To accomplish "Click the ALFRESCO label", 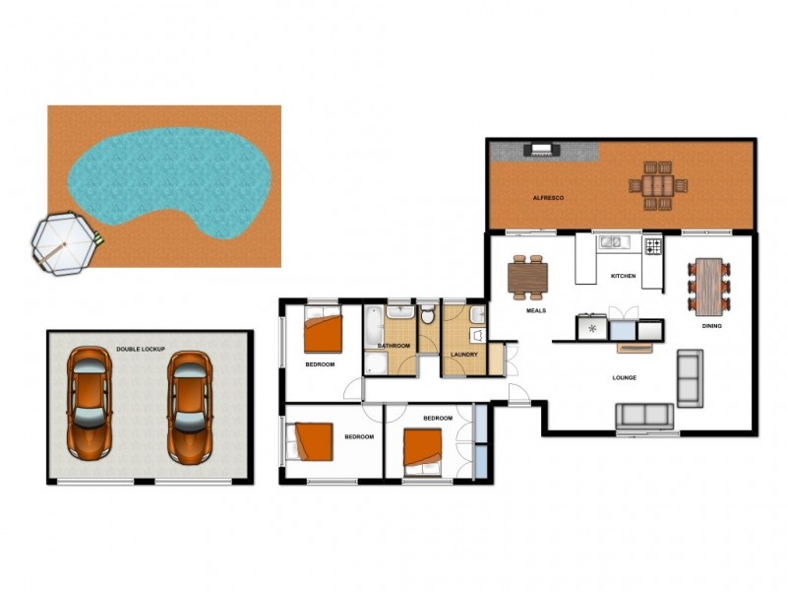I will tap(547, 198).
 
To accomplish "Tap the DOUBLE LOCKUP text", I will tap(141, 349).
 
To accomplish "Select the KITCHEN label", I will tap(623, 276).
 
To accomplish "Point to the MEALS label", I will tap(536, 310).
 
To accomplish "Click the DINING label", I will tap(711, 325).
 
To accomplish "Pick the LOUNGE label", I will tap(624, 377).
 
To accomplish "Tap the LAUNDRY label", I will tap(463, 355).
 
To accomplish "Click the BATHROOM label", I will tap(393, 346).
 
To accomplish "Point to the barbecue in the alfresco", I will tap(541, 151).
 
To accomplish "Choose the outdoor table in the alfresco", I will tap(658, 185).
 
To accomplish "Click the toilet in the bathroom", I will tap(428, 315).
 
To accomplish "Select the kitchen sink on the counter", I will tap(612, 241).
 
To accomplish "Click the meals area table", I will tap(526, 277).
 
